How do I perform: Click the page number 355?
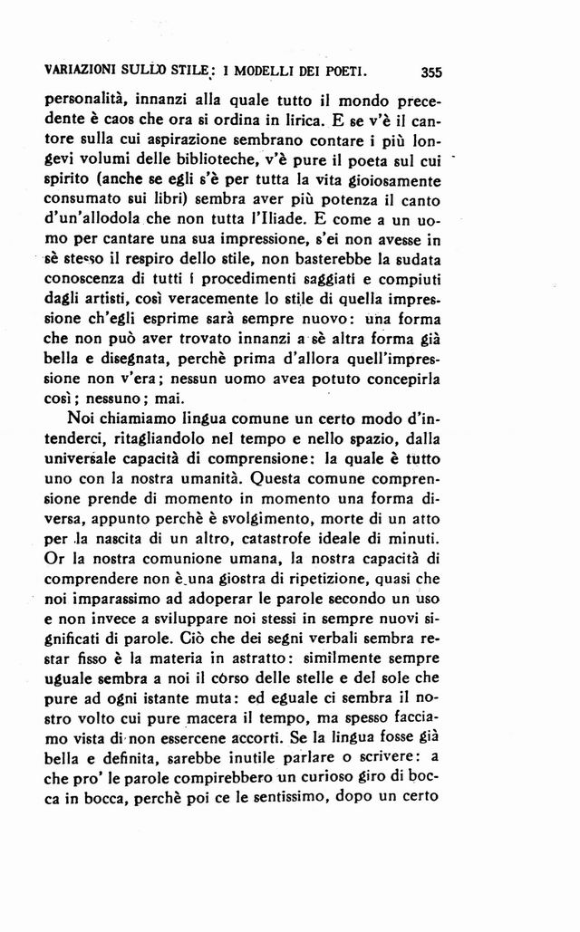(430, 71)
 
